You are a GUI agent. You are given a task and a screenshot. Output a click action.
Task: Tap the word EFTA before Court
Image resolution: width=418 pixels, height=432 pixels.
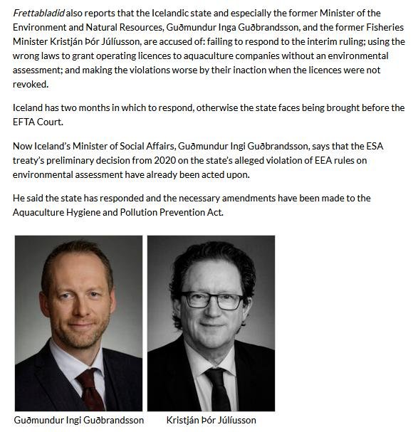(28, 122)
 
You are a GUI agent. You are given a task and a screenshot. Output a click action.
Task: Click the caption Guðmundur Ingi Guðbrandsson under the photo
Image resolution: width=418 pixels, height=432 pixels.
(78, 420)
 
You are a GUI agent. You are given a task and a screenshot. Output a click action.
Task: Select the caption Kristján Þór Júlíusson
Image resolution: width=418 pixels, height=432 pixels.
(211, 420)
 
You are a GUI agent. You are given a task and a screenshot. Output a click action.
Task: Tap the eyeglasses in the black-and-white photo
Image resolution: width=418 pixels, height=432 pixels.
(211, 300)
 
